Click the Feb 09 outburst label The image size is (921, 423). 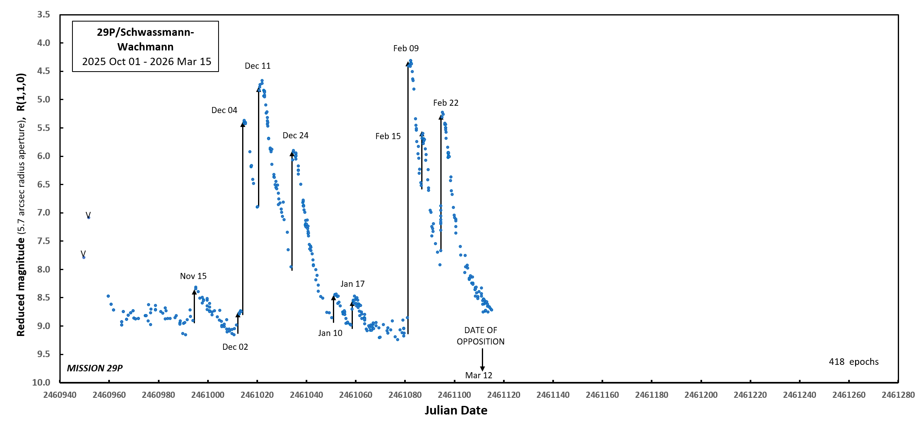406,48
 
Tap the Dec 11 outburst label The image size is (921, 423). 257,66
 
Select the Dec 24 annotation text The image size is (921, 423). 295,135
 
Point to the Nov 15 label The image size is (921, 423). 193,276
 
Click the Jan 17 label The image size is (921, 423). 352,284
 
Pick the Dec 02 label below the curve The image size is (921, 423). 235,347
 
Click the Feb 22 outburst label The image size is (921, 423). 446,103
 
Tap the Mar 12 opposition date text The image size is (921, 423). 479,375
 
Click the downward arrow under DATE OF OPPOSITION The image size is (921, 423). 482,360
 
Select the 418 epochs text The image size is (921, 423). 853,362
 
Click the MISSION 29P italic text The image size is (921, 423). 95,368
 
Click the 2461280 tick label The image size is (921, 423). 898,395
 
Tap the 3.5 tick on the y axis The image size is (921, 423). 44,15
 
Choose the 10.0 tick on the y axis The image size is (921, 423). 42,382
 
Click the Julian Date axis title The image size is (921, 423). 456,410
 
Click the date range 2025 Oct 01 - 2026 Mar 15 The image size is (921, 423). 147,61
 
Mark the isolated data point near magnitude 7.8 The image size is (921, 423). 84,257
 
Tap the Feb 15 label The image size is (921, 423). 388,136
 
